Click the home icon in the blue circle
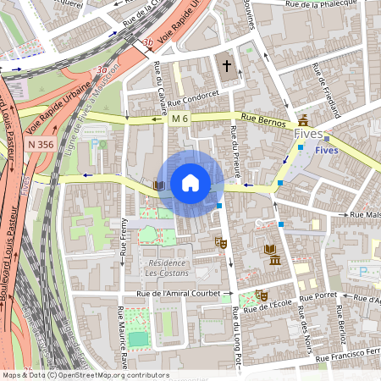pyautogui.click(x=190, y=183)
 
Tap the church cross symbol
pyautogui.click(x=227, y=65)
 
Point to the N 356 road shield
pyautogui.click(x=40, y=145)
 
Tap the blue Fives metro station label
pyautogui.click(x=326, y=149)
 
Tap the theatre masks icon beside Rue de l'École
pyautogui.click(x=262, y=295)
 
